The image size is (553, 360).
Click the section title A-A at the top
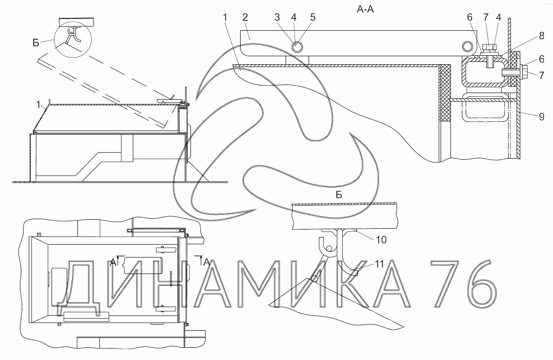click(365, 9)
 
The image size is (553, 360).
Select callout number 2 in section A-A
click(245, 17)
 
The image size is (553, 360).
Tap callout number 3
click(277, 17)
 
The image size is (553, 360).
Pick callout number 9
click(542, 116)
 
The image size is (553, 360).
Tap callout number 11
click(379, 264)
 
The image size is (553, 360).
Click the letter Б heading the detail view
click(339, 195)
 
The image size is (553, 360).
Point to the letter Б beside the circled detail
click(35, 43)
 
